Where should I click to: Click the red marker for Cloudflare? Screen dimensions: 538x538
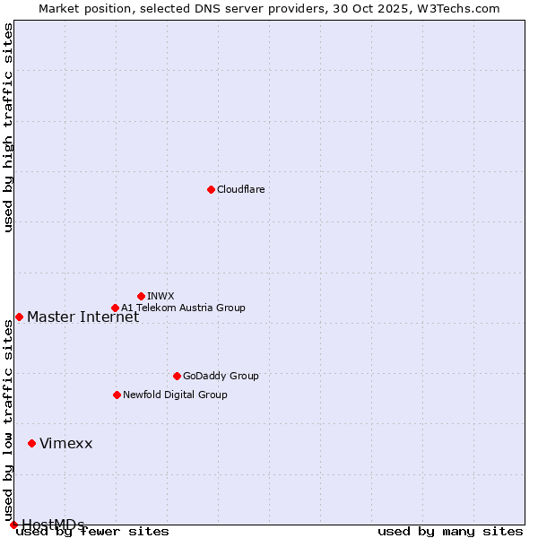click(211, 189)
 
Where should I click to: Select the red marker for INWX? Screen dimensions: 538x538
click(141, 296)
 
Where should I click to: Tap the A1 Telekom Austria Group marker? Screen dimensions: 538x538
click(115, 308)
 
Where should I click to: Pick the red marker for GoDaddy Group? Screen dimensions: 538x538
click(177, 376)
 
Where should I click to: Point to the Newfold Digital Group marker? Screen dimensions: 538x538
click(117, 395)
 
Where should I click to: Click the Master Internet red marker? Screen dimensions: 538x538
click(19, 317)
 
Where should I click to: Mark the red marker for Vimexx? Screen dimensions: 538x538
click(31, 443)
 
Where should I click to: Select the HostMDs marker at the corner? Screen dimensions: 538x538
click(13, 525)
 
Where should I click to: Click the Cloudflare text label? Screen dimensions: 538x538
click(240, 189)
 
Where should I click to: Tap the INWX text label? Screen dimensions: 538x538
click(161, 296)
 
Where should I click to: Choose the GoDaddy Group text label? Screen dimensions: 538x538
click(221, 376)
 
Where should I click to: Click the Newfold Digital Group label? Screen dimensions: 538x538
click(175, 395)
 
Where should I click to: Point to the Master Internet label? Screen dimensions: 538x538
click(82, 317)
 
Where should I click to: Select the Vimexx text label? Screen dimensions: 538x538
click(65, 443)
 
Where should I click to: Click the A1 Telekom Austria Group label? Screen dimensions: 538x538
click(183, 308)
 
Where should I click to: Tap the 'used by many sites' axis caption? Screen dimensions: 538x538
click(450, 531)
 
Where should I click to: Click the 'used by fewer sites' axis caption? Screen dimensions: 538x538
click(92, 531)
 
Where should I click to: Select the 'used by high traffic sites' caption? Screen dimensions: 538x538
click(9, 128)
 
